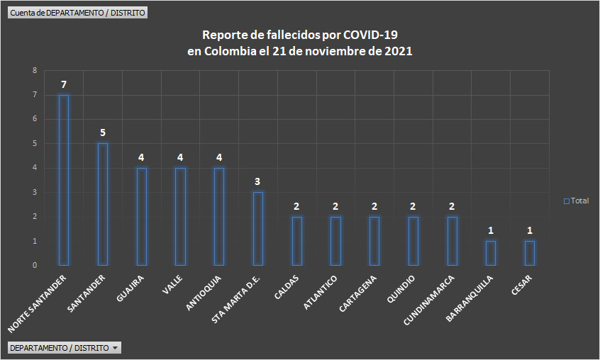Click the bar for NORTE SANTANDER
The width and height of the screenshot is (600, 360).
(64, 180)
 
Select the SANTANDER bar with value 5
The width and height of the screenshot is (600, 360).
(103, 204)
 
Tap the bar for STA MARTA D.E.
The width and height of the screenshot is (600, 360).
(258, 228)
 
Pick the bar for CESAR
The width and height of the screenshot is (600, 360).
(529, 253)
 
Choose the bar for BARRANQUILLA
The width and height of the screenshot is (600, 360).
(491, 253)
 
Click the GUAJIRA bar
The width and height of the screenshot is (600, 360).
(142, 216)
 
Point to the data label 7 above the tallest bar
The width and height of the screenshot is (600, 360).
(64, 85)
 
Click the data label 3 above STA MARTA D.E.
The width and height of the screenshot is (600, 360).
(258, 181)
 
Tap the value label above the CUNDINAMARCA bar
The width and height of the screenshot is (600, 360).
(452, 206)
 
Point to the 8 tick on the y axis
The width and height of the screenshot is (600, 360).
(34, 71)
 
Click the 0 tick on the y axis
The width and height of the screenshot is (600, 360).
(34, 266)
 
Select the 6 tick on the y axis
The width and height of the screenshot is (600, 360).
(34, 119)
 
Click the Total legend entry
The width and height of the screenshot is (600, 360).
(577, 201)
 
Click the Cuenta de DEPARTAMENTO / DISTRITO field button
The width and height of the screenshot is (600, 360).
(78, 13)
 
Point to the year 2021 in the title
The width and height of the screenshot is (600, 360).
(397, 51)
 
